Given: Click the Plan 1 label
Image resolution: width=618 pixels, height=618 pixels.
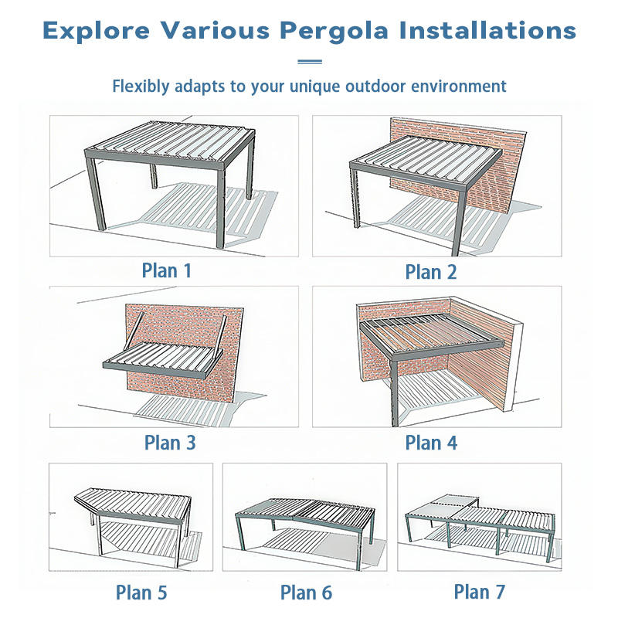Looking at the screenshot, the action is pyautogui.click(x=166, y=271).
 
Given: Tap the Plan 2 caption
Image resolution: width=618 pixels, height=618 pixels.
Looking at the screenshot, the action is pyautogui.click(x=431, y=272).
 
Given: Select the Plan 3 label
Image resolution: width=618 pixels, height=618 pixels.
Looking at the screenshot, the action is pyautogui.click(x=170, y=443).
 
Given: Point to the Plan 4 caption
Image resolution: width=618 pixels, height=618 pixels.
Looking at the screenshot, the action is pyautogui.click(x=431, y=443).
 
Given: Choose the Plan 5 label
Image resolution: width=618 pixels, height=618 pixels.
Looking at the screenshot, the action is pyautogui.click(x=141, y=593).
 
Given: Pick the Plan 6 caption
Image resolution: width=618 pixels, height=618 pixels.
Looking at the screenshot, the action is pyautogui.click(x=306, y=593).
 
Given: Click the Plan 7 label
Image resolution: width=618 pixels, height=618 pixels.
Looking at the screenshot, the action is pyautogui.click(x=479, y=592).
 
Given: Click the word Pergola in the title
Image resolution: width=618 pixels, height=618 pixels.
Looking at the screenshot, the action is pyautogui.click(x=334, y=31).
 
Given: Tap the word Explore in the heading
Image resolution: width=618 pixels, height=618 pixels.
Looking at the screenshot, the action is pyautogui.click(x=97, y=30).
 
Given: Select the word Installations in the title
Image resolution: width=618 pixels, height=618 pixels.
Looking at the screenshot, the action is pyautogui.click(x=487, y=30).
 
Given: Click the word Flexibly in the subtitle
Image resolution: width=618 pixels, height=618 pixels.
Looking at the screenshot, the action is pyautogui.click(x=141, y=87).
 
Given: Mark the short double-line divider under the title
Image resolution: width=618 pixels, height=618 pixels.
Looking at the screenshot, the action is pyautogui.click(x=310, y=62).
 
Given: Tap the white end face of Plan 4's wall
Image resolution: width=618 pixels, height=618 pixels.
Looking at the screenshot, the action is pyautogui.click(x=513, y=366).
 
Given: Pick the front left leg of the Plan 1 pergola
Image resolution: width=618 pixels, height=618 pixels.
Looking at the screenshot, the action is pyautogui.click(x=97, y=193).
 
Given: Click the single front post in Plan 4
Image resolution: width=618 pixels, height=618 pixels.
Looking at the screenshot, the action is pyautogui.click(x=395, y=392).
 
